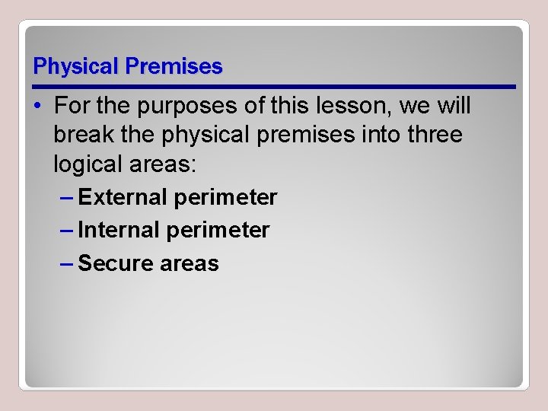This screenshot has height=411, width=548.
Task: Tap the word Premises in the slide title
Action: coord(174,67)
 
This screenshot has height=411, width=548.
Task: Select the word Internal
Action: coord(119,230)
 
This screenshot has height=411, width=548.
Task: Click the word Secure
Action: coord(116,263)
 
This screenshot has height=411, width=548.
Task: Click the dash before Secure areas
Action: coord(66,263)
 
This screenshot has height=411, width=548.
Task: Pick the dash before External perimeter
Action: coord(66,198)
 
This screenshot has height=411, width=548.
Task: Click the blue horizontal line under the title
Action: coord(274,86)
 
